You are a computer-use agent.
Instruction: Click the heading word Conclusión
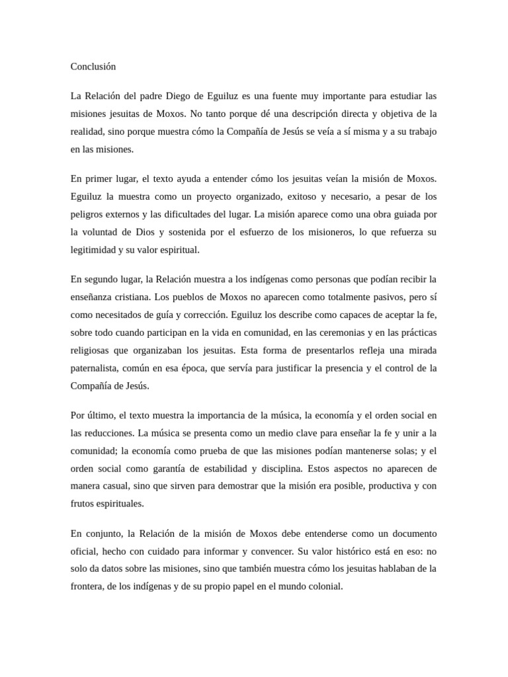coord(93,67)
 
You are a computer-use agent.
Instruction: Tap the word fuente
coord(289,97)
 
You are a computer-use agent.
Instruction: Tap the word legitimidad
coord(92,250)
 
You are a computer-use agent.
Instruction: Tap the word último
coord(100,415)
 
